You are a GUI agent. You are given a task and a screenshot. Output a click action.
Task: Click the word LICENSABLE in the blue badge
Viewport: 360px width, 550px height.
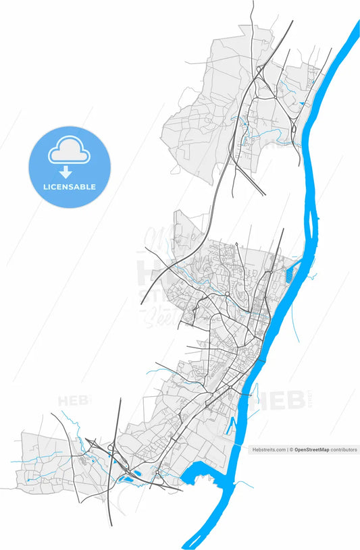tap(69, 186)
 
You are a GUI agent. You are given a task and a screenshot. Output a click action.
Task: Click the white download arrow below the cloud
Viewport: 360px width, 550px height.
tap(66, 172)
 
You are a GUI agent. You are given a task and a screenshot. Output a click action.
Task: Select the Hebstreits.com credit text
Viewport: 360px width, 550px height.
tap(269, 449)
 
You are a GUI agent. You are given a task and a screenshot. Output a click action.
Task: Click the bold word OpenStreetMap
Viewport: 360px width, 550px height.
tap(310, 449)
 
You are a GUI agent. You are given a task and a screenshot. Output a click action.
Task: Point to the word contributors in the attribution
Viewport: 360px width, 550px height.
tap(344, 449)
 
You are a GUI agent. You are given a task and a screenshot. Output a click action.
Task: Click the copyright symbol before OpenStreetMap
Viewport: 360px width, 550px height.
tap(292, 449)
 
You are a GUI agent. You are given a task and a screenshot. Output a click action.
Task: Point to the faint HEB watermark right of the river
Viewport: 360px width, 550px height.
tap(287, 400)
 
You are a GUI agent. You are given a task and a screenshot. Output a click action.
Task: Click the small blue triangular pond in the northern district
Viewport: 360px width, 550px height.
tap(302, 103)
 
